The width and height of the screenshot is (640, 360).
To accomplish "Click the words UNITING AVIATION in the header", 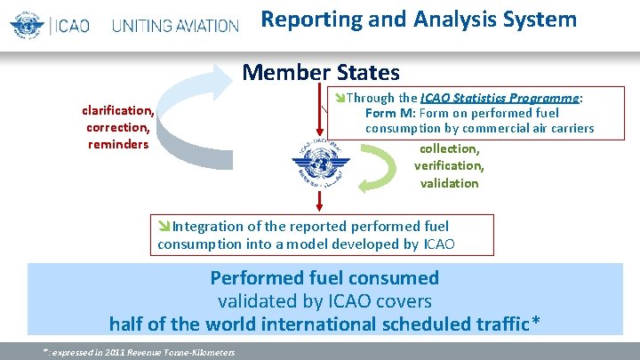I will click(175, 25).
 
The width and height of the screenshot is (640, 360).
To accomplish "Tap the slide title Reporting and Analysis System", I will click(419, 20).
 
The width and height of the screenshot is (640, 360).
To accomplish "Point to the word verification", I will click(449, 165).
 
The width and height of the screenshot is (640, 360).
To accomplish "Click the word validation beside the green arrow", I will click(449, 183).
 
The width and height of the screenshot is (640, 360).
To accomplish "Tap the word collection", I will click(449, 148).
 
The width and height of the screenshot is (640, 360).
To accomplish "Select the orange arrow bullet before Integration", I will click(164, 227).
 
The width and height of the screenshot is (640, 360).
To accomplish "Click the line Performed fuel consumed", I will click(324, 278).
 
